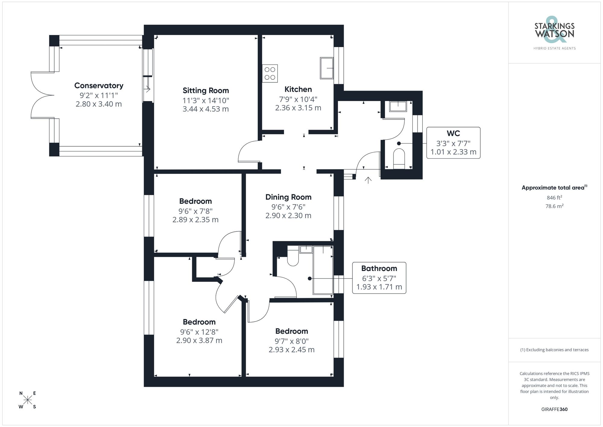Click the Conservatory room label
point(99,86)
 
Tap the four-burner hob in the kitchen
point(270,73)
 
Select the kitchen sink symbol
point(327,68)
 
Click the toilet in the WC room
point(399,158)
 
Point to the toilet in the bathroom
point(292,256)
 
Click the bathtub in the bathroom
point(323,270)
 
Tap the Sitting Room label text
point(206,91)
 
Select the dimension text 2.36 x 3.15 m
point(298,108)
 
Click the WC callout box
point(453,143)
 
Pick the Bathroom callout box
point(379,278)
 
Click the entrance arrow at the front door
point(368,180)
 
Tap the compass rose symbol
point(28,400)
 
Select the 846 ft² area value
point(554,198)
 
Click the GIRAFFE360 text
point(554,409)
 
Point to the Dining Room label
point(288,197)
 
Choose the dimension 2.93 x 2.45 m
point(292,350)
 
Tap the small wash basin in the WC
point(398,106)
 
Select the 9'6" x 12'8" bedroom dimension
point(199,332)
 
